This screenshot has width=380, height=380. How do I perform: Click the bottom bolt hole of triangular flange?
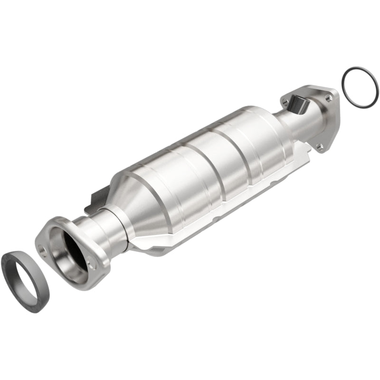pos(320,147)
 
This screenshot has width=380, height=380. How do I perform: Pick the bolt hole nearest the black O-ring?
pos(328,97)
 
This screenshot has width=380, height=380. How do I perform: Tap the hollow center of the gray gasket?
pos(21,276)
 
